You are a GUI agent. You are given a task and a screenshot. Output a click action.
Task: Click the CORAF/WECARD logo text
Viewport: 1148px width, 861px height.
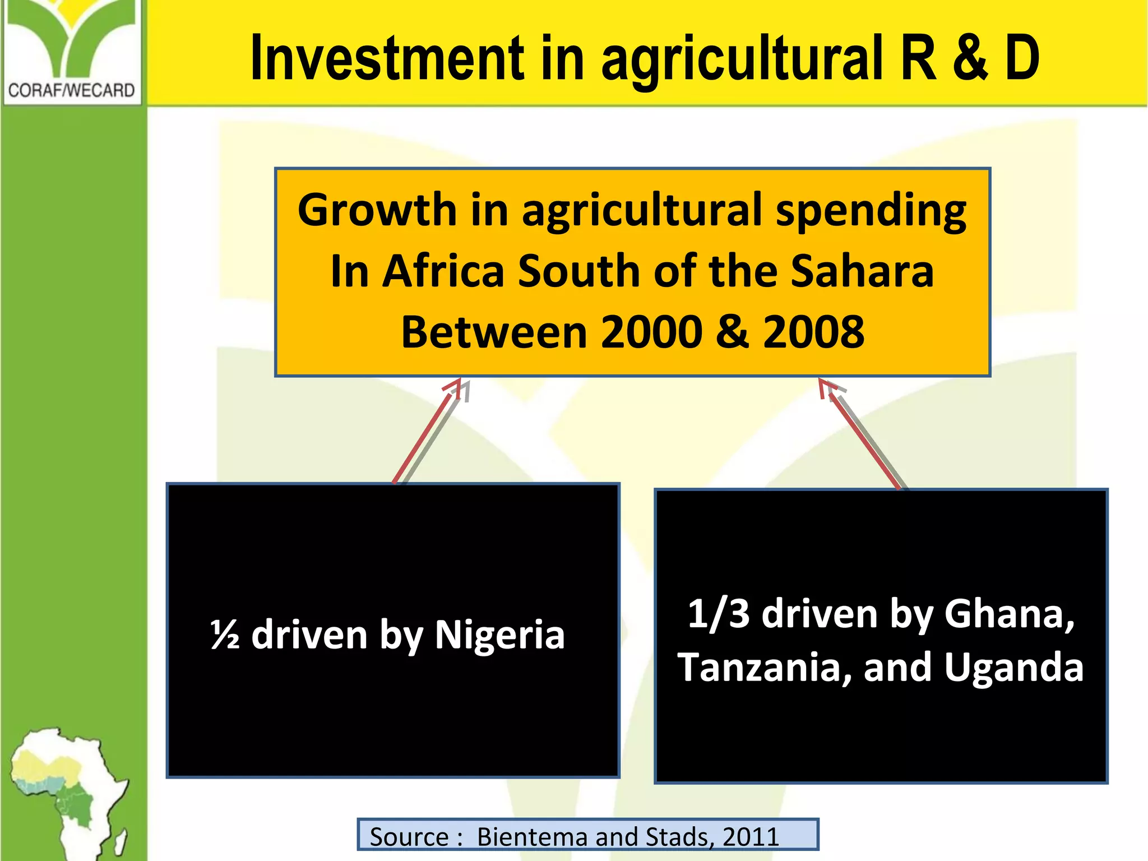click(72, 90)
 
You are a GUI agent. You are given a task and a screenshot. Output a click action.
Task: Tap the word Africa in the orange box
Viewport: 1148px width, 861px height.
click(443, 271)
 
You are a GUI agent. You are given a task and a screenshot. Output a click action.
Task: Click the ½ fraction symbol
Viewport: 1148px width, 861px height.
click(225, 636)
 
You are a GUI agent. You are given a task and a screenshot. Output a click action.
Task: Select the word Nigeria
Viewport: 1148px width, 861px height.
click(499, 636)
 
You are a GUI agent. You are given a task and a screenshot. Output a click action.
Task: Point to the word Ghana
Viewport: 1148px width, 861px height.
click(1009, 614)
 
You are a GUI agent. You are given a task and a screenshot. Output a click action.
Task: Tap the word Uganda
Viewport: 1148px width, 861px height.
click(1013, 668)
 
